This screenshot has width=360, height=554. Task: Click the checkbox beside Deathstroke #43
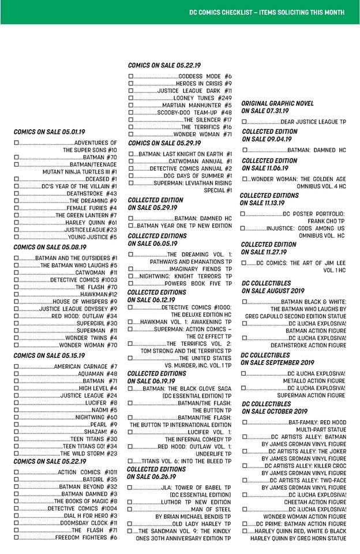click(x=17, y=193)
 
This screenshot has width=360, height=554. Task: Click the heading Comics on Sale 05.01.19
click(x=48, y=132)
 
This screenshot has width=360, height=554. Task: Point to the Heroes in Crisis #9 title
click(x=196, y=84)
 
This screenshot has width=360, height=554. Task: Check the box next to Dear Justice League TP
click(x=245, y=122)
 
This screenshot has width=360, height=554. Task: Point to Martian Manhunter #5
click(x=197, y=106)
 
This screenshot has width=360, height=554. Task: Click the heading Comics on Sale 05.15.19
click(x=48, y=355)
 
